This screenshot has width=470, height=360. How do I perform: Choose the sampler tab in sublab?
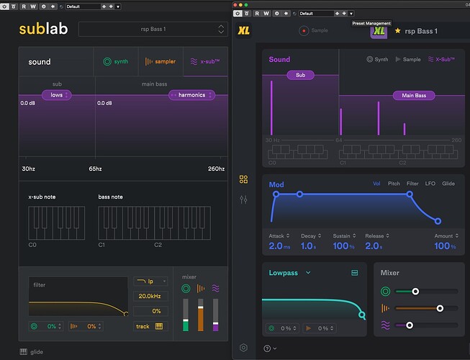tap(161, 62)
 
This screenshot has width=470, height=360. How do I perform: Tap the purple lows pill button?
tap(56, 95)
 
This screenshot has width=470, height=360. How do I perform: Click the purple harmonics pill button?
tap(192, 95)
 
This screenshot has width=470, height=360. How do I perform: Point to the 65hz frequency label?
tap(95, 168)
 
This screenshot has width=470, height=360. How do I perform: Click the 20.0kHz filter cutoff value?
tap(150, 295)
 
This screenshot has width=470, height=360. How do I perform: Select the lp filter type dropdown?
tap(150, 282)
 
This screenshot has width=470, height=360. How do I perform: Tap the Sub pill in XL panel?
tap(300, 75)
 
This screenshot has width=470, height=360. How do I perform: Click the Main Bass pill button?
tap(414, 95)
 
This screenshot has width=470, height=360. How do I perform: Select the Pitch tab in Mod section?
tap(394, 184)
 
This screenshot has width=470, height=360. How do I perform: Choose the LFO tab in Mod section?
tap(430, 184)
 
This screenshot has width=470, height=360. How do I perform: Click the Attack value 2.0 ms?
tap(279, 246)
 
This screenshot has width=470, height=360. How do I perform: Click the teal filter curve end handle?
tap(361, 315)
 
